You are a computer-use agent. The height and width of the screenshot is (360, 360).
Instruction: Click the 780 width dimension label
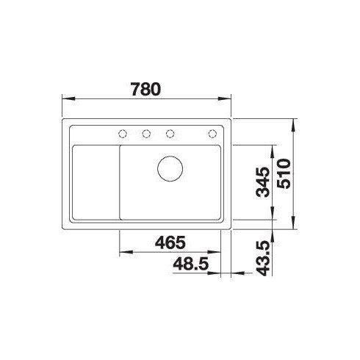pos(146,89)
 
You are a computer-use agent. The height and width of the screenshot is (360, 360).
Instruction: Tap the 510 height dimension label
pos(284,173)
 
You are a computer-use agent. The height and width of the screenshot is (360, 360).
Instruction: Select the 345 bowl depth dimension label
pos(262,182)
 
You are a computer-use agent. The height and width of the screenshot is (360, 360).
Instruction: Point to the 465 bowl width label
pos(170,242)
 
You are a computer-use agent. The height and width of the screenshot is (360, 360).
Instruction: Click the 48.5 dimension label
pos(191,264)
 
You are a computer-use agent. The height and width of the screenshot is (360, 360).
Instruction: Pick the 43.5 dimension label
pos(263,259)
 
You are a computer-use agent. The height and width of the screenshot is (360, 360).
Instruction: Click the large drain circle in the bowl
pos(170,169)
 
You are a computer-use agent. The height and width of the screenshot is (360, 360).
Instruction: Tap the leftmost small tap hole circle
pos(123,134)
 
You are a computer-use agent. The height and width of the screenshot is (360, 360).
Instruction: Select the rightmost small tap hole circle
pos(212,134)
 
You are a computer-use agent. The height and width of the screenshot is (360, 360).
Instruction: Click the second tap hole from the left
pos(146,134)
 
